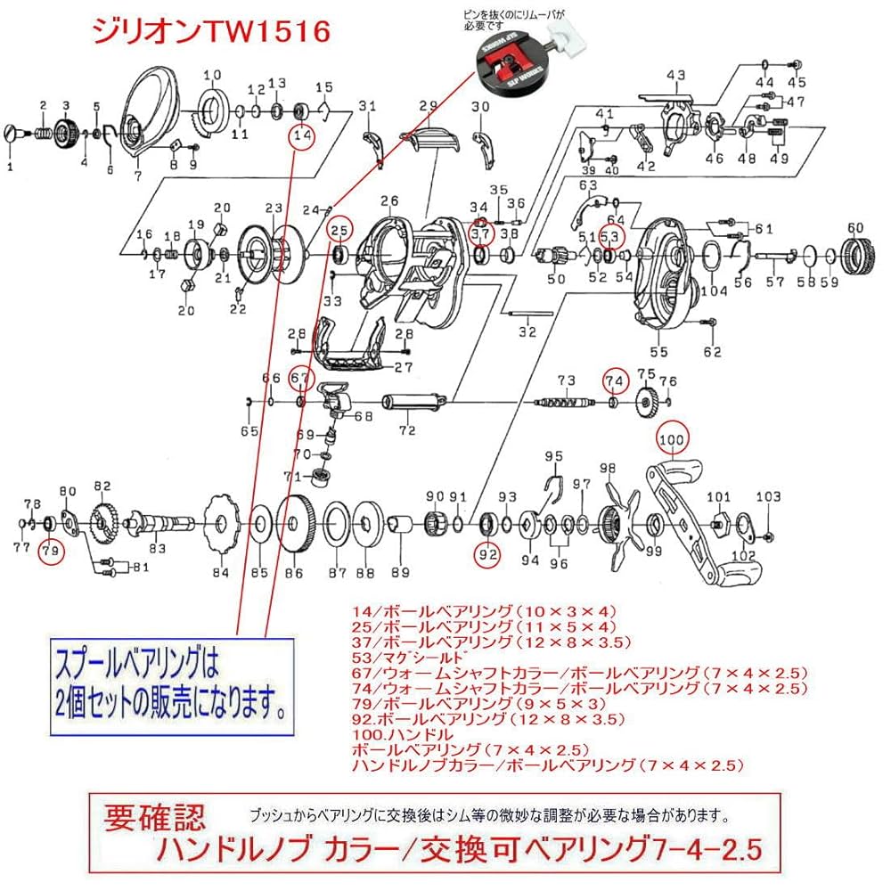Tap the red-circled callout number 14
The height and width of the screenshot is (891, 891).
(x=302, y=135)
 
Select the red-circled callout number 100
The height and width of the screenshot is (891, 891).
(x=673, y=438)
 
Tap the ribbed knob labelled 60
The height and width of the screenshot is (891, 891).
(x=854, y=255)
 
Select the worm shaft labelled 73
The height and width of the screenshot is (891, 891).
(x=563, y=402)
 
